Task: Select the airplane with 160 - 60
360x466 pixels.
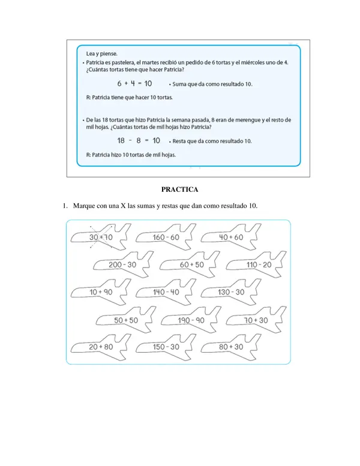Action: pyautogui.click(x=166, y=237)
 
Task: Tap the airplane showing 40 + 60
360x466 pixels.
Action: pyautogui.click(x=231, y=237)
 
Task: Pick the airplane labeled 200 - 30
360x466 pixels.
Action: pyautogui.click(x=122, y=264)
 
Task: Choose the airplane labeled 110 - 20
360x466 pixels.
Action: pyautogui.click(x=259, y=264)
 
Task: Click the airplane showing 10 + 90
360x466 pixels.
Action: pyautogui.click(x=101, y=292)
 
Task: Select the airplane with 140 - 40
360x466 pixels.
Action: pyautogui.click(x=166, y=292)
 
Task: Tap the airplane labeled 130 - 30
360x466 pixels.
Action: pyautogui.click(x=231, y=292)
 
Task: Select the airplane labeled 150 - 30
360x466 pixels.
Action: pyautogui.click(x=166, y=347)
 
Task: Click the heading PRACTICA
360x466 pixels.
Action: pyautogui.click(x=180, y=190)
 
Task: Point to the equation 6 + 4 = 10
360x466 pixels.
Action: pyautogui.click(x=134, y=84)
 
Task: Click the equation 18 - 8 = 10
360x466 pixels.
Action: pyautogui.click(x=137, y=141)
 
